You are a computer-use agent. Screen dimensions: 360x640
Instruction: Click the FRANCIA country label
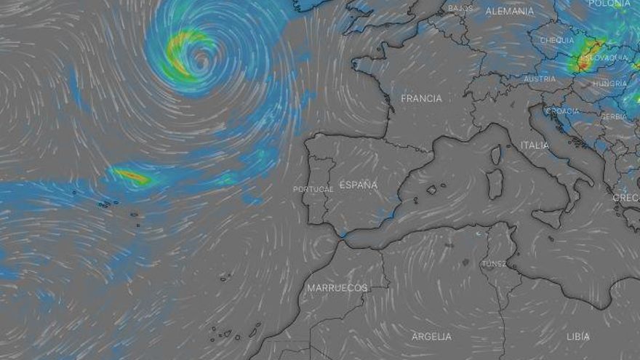tap(421, 98)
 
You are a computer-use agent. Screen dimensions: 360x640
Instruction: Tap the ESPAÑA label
tap(358, 185)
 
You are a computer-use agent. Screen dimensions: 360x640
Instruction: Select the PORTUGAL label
tap(313, 189)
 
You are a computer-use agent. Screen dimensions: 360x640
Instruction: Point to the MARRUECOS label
tap(337, 288)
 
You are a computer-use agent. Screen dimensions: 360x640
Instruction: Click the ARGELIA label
tap(431, 337)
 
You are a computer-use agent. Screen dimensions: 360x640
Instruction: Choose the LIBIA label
tap(578, 337)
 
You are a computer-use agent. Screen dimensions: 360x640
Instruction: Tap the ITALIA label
tap(535, 145)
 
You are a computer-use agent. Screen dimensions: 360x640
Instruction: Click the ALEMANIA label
tap(509, 11)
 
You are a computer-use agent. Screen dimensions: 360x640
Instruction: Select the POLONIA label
tap(609, 4)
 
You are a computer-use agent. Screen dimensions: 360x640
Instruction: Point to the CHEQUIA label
tap(556, 41)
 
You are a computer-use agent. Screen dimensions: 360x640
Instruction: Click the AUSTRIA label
tap(540, 79)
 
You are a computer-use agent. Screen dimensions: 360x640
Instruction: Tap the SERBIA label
tap(615, 116)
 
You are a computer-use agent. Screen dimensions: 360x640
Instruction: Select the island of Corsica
tap(496, 155)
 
